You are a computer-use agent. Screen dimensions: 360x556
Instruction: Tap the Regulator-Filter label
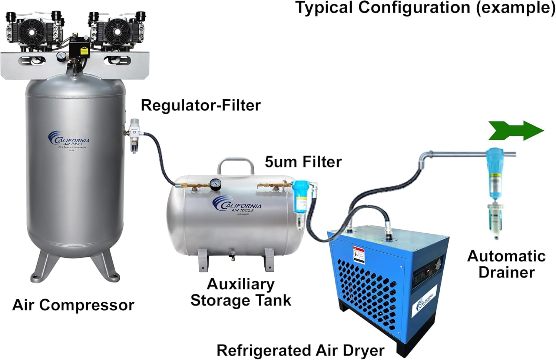(201, 106)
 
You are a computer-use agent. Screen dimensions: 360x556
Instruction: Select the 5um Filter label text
(303, 162)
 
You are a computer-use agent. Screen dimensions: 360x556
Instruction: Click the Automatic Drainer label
(506, 264)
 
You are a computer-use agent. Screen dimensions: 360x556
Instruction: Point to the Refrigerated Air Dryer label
(300, 350)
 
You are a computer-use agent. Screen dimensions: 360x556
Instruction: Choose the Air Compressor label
(73, 305)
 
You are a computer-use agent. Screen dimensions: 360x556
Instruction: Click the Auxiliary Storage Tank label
(241, 292)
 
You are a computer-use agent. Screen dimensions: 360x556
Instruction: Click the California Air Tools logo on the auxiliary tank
(237, 205)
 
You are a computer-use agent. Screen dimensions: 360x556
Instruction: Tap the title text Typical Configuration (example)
(425, 8)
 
